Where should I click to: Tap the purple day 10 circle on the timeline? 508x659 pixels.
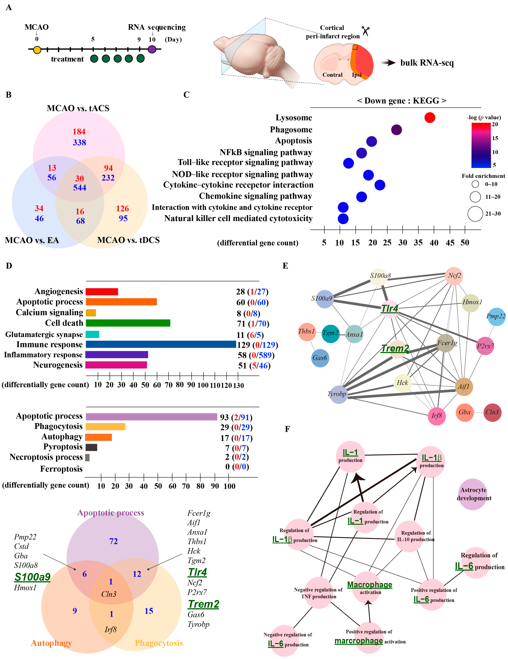tap(152, 49)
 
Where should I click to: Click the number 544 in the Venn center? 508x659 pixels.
tap(80, 188)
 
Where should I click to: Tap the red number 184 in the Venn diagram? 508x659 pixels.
tap(79, 132)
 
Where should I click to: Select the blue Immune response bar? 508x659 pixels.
tap(161, 344)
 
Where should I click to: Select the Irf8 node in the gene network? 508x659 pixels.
tap(437, 416)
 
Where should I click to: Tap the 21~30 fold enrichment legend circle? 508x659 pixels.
tap(475, 214)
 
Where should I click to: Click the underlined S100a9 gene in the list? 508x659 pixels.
tap(33, 577)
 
